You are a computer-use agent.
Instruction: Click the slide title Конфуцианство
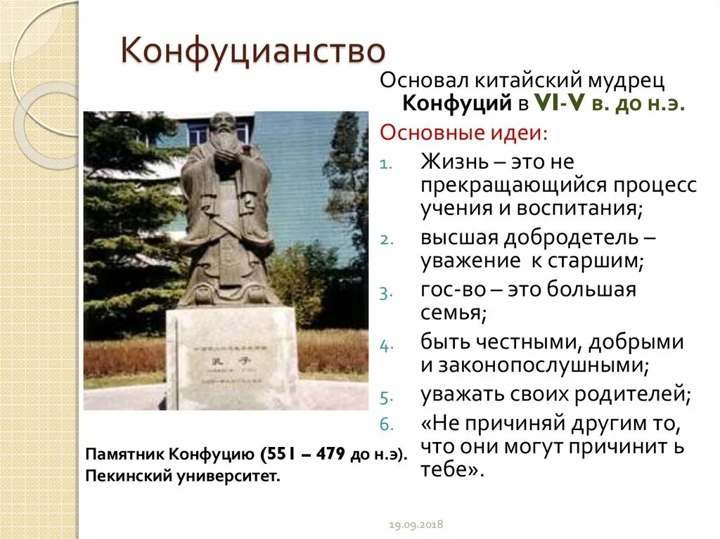click(254, 53)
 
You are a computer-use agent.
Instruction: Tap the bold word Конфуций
click(456, 104)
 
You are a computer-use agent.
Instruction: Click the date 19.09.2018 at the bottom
click(416, 525)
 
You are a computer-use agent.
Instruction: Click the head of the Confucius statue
click(225, 129)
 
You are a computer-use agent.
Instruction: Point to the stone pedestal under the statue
click(232, 358)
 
